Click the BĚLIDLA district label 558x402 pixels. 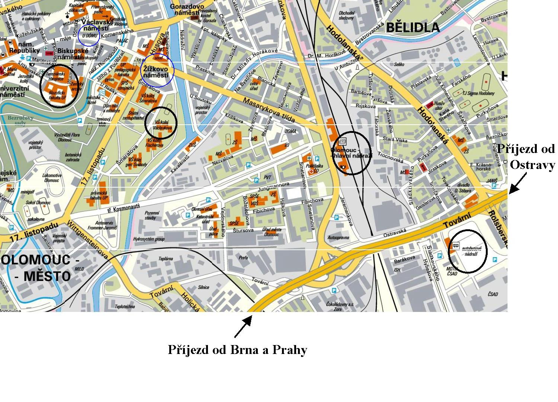point(413,27)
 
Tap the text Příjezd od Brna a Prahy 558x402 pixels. point(237,350)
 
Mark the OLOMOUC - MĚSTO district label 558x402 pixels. point(36,268)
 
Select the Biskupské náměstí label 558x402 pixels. point(73,54)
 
